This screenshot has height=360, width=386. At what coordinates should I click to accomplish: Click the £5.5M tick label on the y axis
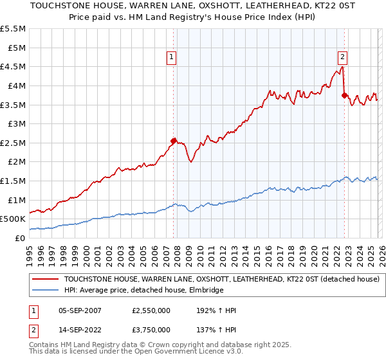pyautogui.click(x=14, y=29)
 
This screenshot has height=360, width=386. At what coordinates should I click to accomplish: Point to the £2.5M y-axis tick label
pyautogui.click(x=14, y=143)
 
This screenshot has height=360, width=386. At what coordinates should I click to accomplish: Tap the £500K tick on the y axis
pyautogui.click(x=13, y=219)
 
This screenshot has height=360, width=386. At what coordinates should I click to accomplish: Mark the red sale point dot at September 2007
pyautogui.click(x=173, y=141)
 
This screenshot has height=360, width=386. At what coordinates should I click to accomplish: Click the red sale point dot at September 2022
pyautogui.click(x=344, y=95)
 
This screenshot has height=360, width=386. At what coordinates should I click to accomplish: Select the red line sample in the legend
pyautogui.click(x=46, y=279)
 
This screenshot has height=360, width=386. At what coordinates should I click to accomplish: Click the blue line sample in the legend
pyautogui.click(x=46, y=290)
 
